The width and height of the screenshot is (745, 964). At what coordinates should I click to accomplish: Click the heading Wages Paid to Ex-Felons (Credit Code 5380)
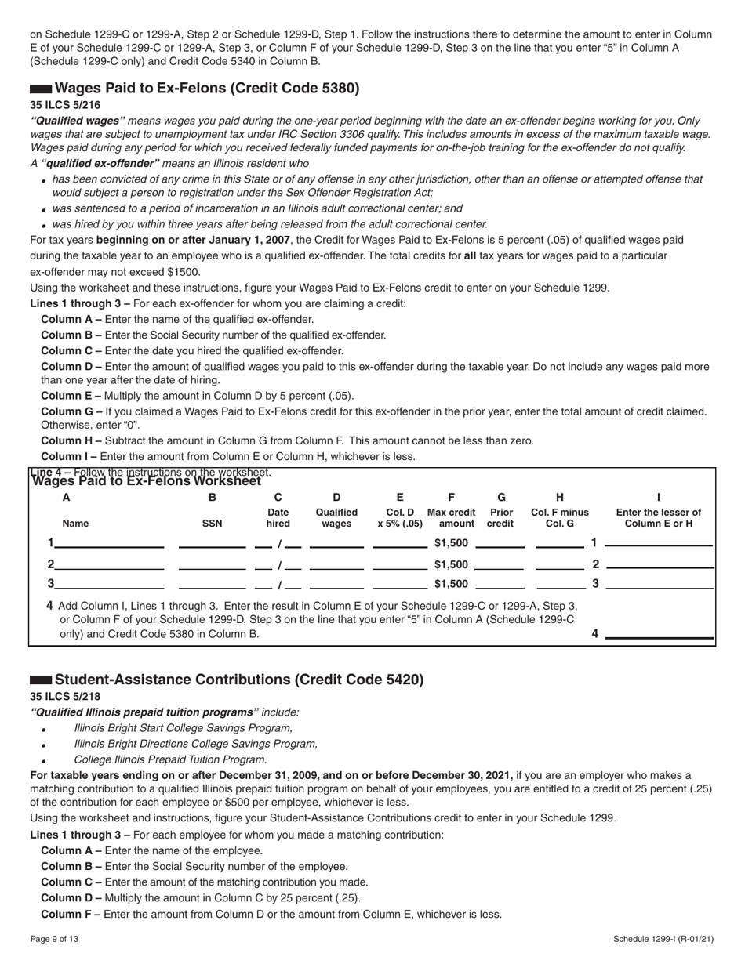207,88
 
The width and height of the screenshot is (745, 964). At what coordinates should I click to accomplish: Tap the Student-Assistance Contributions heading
239,680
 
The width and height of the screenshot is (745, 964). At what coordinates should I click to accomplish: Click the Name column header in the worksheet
75,524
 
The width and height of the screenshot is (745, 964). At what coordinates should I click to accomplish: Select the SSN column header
212,524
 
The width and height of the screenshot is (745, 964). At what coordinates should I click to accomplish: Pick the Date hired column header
278,517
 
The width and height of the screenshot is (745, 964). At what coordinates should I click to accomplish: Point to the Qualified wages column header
336,517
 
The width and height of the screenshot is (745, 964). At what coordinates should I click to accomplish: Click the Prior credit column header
502,517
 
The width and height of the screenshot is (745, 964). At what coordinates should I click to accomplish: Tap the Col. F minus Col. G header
559,517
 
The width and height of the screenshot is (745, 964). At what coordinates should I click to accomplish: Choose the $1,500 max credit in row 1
451,543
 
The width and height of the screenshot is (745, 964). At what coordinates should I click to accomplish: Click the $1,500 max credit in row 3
451,584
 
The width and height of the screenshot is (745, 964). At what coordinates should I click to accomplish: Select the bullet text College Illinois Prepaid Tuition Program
170,759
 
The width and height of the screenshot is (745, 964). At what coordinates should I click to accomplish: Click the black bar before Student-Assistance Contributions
41,680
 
